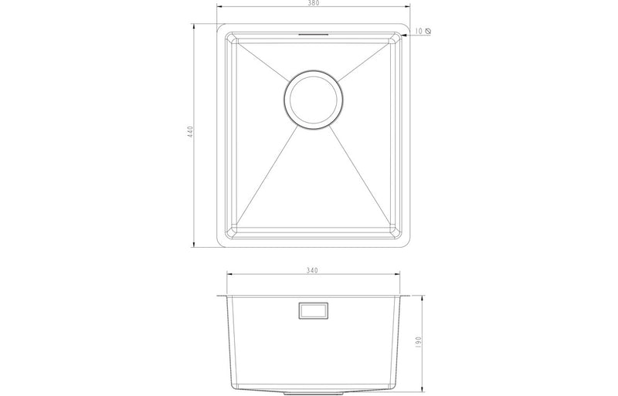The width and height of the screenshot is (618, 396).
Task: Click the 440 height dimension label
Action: tap(188, 133)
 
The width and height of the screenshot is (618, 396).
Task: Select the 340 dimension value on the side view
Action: tap(312, 271)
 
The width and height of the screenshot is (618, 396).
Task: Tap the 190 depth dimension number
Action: tap(418, 341)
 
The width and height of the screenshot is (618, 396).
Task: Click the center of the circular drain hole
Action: tap(312, 99)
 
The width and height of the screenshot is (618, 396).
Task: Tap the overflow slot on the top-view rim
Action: tap(313, 35)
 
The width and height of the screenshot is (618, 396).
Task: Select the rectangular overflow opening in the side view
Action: tap(312, 311)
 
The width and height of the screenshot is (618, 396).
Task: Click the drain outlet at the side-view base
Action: tap(312, 388)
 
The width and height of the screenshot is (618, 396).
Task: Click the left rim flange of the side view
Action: tap(222, 296)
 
